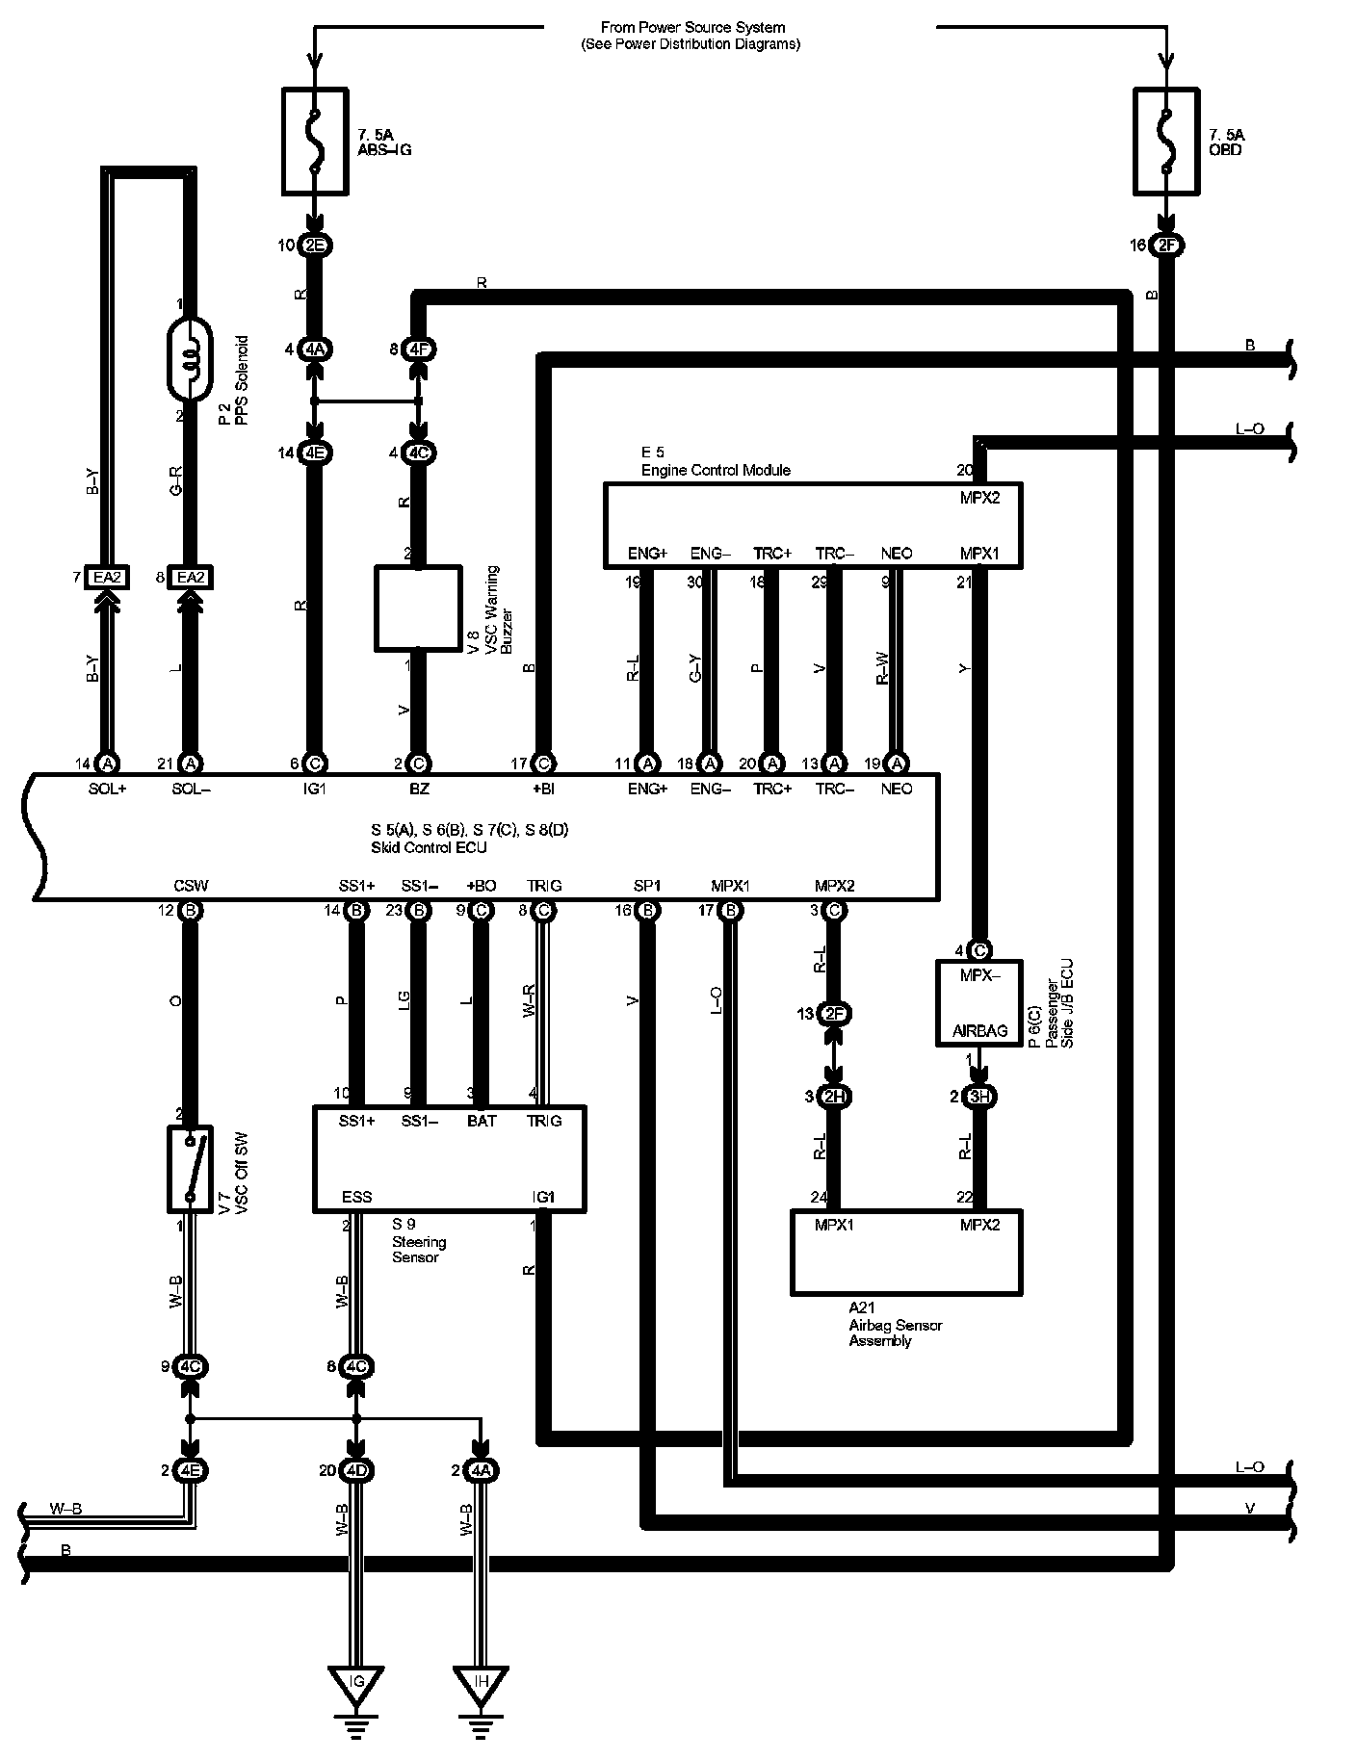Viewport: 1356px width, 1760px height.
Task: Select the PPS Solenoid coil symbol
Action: [x=191, y=362]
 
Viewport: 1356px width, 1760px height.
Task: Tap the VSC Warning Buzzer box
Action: [x=417, y=608]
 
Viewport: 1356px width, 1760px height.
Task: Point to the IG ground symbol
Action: [x=357, y=1683]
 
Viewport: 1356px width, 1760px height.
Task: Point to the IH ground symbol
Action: [x=482, y=1683]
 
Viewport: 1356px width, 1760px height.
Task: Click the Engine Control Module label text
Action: [x=716, y=470]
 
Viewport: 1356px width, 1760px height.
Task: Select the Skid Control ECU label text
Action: [x=429, y=847]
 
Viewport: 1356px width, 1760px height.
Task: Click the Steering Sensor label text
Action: [x=419, y=1241]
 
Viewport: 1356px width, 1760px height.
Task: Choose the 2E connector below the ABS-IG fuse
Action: [x=315, y=246]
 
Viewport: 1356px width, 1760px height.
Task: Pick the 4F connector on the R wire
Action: [x=418, y=350]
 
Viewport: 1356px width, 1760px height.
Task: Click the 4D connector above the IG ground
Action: [x=357, y=1470]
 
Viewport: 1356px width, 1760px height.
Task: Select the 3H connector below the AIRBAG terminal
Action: [x=979, y=1097]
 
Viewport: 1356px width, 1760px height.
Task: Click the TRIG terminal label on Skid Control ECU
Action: [x=544, y=886]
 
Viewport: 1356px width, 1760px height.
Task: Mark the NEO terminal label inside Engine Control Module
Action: [x=897, y=554]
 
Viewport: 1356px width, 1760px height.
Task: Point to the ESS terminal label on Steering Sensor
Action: [x=357, y=1197]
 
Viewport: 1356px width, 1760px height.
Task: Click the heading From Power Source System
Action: [x=691, y=28]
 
